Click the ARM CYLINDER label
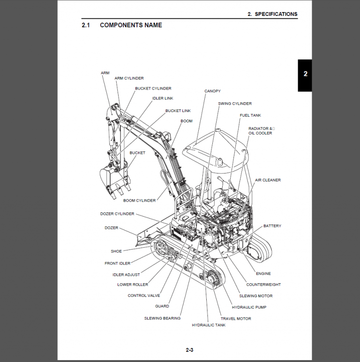click(x=129, y=78)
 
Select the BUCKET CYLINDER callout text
click(x=153, y=88)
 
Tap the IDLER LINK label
click(x=163, y=98)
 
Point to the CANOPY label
click(x=212, y=91)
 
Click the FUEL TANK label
click(x=250, y=115)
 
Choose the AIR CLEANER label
click(x=268, y=180)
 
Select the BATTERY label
click(x=272, y=226)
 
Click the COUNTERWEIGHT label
click(x=263, y=285)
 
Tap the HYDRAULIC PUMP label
click(x=249, y=307)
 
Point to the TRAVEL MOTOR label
click(x=236, y=318)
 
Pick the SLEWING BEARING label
click(x=162, y=318)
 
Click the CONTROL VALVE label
click(x=143, y=296)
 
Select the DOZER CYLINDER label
click(x=117, y=214)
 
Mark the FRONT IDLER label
click(x=117, y=264)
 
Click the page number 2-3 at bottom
click(x=189, y=350)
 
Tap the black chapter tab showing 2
click(x=305, y=75)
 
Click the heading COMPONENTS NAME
click(x=131, y=25)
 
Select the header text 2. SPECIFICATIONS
click(x=272, y=14)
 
